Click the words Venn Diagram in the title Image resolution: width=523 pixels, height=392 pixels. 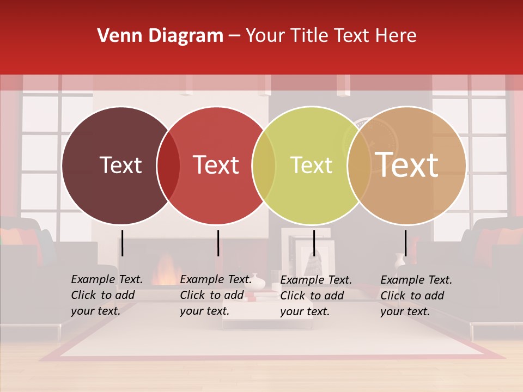pyautogui.click(x=160, y=36)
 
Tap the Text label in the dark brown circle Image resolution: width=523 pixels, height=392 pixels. pyautogui.click(x=120, y=165)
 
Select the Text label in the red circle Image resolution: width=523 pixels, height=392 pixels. pyautogui.click(x=216, y=165)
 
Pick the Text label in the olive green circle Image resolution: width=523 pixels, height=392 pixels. pyautogui.click(x=311, y=165)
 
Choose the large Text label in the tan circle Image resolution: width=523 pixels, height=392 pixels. pyautogui.click(x=407, y=165)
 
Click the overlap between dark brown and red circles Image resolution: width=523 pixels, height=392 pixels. pyautogui.click(x=168, y=166)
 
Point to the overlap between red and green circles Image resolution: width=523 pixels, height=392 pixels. pyautogui.click(x=264, y=166)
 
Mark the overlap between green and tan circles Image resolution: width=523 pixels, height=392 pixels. pyautogui.click(x=359, y=166)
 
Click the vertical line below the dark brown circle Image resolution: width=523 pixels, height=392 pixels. pyautogui.click(x=123, y=243)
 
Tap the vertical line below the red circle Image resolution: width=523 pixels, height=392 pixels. pyautogui.click(x=218, y=243)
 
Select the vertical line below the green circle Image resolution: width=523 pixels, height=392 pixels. pyautogui.click(x=314, y=243)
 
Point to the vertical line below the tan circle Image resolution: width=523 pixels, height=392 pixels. pyautogui.click(x=405, y=243)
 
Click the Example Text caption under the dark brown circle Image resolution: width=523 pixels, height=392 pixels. pyautogui.click(x=106, y=295)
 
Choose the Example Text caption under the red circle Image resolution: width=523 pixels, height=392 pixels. pyautogui.click(x=215, y=295)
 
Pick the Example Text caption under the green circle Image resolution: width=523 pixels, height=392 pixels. pyautogui.click(x=315, y=296)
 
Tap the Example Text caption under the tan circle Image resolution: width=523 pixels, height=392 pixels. pyautogui.click(x=416, y=296)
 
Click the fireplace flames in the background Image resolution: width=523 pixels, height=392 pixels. pyautogui.click(x=163, y=271)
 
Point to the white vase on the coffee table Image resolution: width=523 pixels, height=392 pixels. pyautogui.click(x=257, y=281)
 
